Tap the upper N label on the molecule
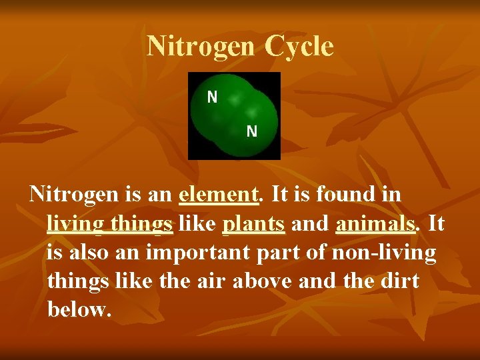click(212, 97)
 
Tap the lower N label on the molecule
click(251, 131)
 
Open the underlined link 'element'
click(218, 195)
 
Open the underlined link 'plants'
click(254, 223)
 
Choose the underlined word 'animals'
click(375, 223)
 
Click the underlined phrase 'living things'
click(110, 223)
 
